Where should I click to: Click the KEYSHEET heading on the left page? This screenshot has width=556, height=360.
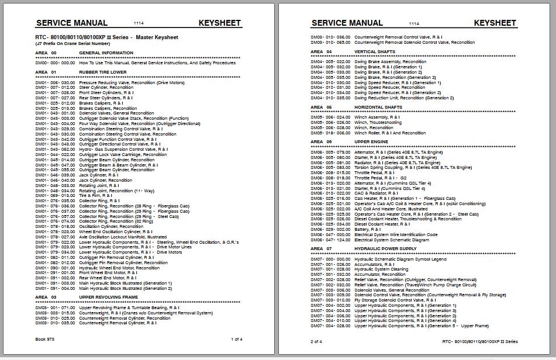219,23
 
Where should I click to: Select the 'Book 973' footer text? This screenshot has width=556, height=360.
45,339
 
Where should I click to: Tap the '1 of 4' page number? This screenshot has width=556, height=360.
237,339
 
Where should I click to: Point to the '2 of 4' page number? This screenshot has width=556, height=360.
316,341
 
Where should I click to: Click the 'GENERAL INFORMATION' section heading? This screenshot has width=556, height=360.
106,53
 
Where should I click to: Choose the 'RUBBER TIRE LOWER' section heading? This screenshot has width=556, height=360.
103,72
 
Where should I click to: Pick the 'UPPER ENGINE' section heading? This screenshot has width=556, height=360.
371,141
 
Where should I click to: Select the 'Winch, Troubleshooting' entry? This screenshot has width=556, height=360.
378,123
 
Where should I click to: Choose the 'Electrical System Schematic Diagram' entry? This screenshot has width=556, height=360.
392,240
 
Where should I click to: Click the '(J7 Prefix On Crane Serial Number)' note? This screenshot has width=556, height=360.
72,44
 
